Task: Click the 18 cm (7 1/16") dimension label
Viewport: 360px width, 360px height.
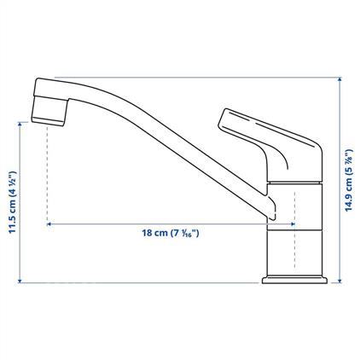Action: point(171,234)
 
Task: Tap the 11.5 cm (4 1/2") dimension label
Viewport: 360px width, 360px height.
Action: point(13,202)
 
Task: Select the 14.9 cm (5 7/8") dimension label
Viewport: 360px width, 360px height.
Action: point(349,180)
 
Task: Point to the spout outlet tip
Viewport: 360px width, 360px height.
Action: point(48,121)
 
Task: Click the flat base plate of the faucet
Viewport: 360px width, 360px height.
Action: point(294,280)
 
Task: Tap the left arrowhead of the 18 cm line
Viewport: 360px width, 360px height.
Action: point(49,224)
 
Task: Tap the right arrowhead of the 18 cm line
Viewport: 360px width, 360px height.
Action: point(293,224)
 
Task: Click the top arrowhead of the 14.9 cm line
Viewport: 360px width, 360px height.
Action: point(340,79)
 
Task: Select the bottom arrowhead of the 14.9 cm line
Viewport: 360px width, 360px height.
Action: point(340,281)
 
